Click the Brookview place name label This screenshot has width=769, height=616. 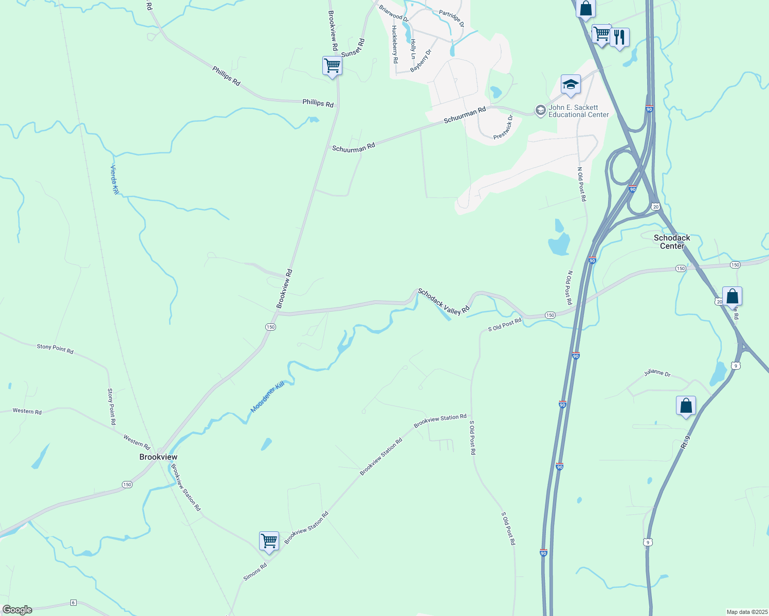pyautogui.click(x=158, y=457)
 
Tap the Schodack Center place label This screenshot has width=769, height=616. pyautogui.click(x=672, y=242)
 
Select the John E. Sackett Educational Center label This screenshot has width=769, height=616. pyautogui.click(x=578, y=111)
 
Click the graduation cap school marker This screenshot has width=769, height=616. pyautogui.click(x=571, y=85)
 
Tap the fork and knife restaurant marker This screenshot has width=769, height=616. pyautogui.click(x=619, y=37)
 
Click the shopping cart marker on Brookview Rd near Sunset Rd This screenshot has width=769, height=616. pyautogui.click(x=332, y=66)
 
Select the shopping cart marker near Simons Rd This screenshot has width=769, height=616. pyautogui.click(x=269, y=541)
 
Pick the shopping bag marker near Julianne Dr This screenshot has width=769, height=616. pyautogui.click(x=686, y=406)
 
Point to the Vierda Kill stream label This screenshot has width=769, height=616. pyautogui.click(x=115, y=179)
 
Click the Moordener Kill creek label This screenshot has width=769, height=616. pyautogui.click(x=267, y=397)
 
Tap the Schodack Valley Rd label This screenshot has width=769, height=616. pyautogui.click(x=444, y=301)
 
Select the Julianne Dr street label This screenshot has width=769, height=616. pyautogui.click(x=657, y=373)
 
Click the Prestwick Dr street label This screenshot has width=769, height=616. pyautogui.click(x=503, y=127)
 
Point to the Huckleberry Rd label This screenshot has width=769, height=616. pyautogui.click(x=395, y=44)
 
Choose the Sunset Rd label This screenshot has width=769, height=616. pyautogui.click(x=353, y=48)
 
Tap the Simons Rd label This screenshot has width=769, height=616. pyautogui.click(x=255, y=572)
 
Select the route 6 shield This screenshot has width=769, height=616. pyautogui.click(x=74, y=603)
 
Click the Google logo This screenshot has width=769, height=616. pyautogui.click(x=17, y=610)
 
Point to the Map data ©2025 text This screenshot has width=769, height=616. pyautogui.click(x=746, y=612)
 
